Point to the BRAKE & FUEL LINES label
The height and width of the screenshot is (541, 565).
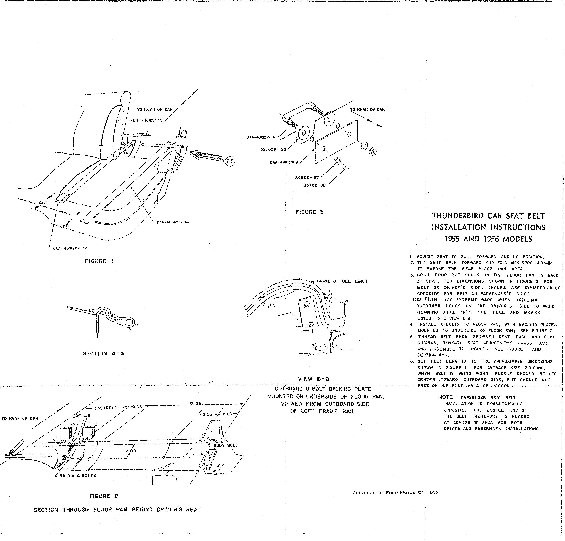pos(342,281)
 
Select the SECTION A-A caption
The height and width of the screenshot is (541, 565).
pos(104,354)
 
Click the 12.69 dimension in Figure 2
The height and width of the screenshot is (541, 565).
pos(195,404)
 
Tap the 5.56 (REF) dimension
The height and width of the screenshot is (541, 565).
pos(105,408)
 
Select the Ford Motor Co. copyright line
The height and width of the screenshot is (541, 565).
pos(395,493)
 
